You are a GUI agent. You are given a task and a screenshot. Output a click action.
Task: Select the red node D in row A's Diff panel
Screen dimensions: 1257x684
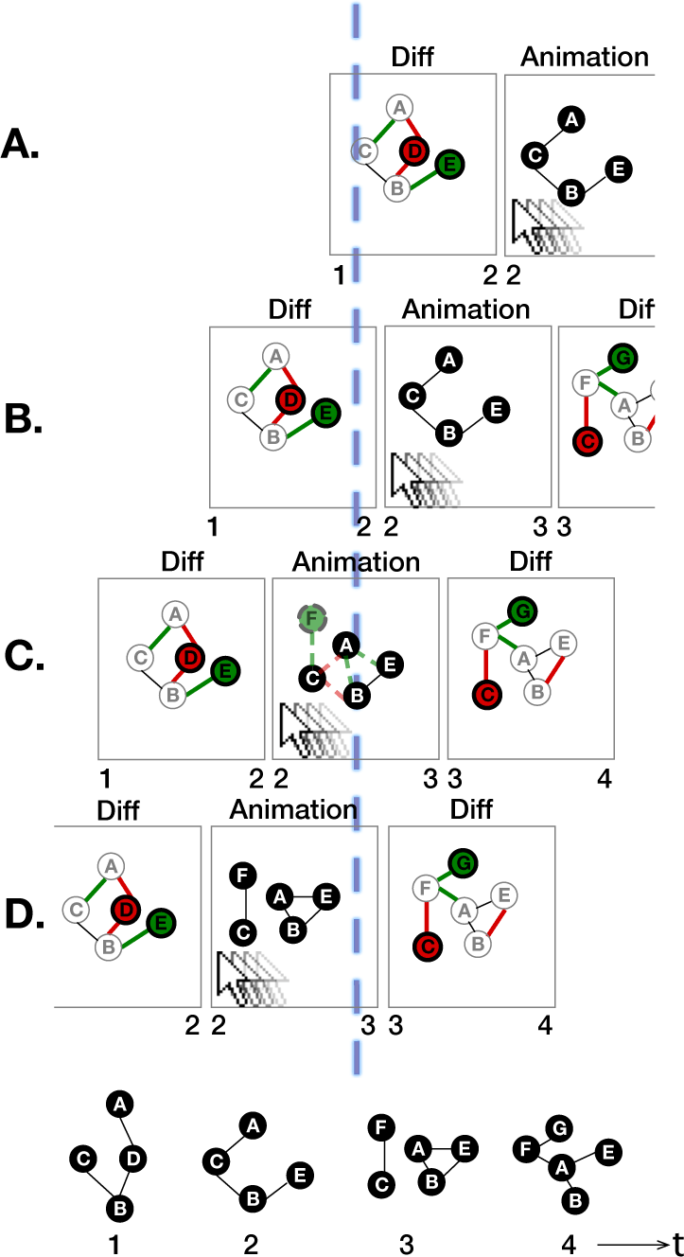tap(413, 150)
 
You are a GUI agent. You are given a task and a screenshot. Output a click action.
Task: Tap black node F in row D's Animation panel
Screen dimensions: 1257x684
tap(241, 876)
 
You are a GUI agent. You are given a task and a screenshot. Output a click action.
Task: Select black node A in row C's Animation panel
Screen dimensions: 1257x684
tap(347, 646)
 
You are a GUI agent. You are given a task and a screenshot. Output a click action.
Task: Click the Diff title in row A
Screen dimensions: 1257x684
tap(412, 57)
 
